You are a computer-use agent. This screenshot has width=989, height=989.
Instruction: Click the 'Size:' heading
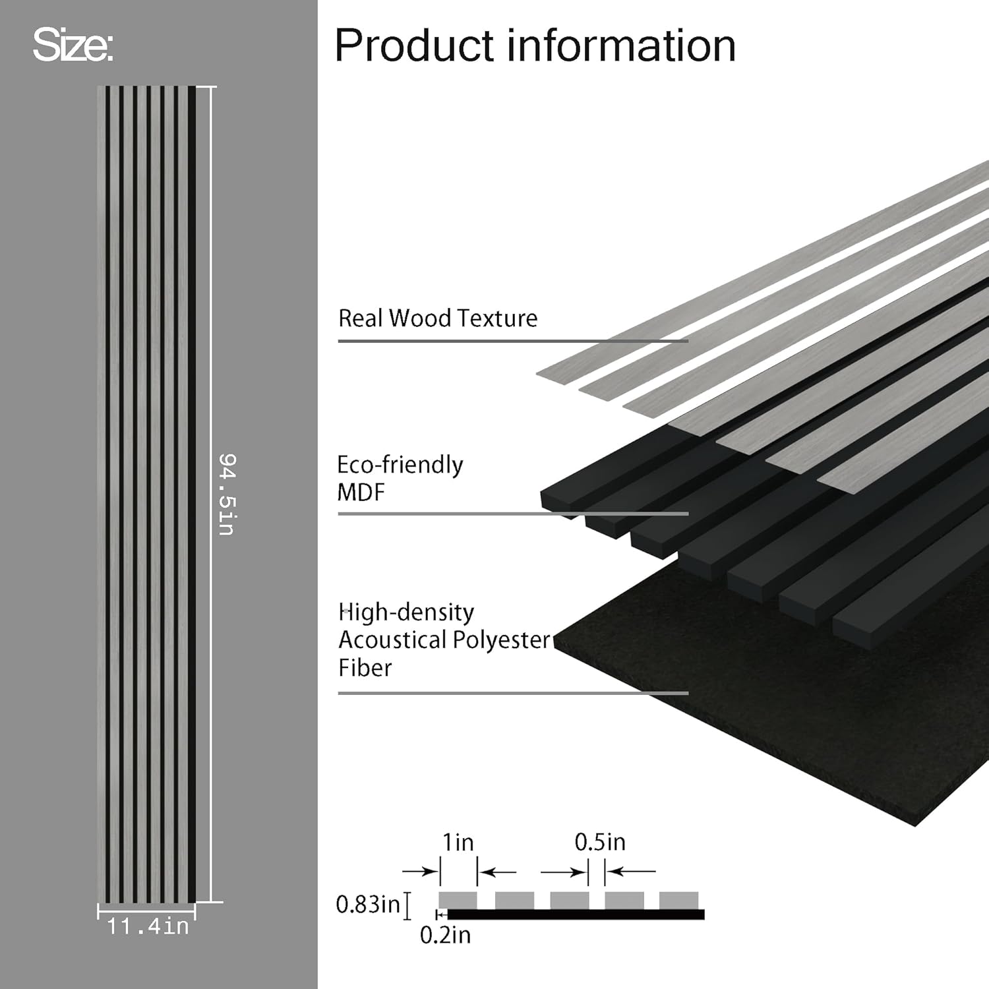click(x=73, y=45)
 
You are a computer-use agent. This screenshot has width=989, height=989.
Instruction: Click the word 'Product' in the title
click(x=414, y=46)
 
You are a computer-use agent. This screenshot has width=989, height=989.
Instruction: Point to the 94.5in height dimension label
click(x=227, y=494)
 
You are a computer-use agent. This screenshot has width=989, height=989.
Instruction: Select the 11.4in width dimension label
click(x=148, y=926)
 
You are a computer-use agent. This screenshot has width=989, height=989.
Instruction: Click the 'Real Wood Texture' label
click(x=438, y=318)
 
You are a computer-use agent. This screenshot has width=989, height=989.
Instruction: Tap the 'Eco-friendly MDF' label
click(x=400, y=478)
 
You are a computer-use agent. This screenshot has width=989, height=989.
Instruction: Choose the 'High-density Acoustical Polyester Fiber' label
click(x=444, y=640)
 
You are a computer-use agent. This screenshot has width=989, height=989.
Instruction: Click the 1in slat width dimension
click(x=458, y=842)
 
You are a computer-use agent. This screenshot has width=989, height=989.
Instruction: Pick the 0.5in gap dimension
click(x=599, y=842)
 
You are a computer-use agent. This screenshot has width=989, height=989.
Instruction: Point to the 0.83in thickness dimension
click(x=368, y=904)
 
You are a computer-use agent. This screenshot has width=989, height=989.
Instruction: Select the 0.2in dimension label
click(x=445, y=935)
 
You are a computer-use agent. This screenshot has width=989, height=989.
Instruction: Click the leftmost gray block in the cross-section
click(x=458, y=899)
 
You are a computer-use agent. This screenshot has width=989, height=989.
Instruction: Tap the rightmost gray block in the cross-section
click(x=678, y=899)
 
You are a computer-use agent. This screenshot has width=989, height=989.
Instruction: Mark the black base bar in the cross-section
click(x=575, y=914)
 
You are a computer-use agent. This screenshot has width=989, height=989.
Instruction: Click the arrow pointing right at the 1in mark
click(x=420, y=872)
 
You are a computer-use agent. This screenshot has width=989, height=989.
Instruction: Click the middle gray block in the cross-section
click(x=569, y=899)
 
